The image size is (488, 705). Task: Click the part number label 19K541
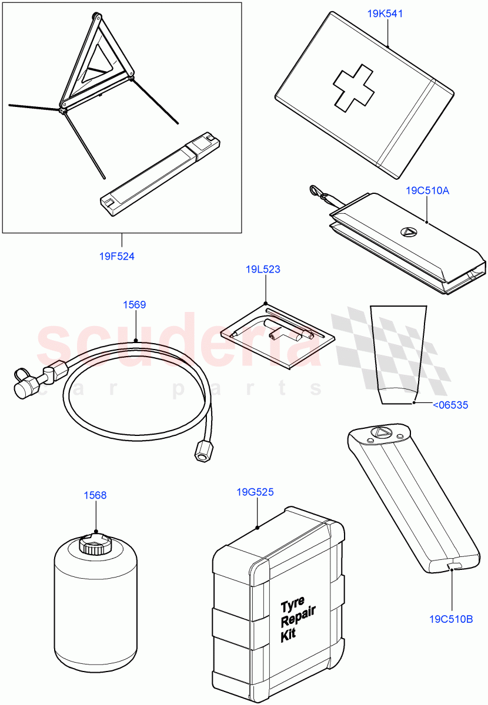385,14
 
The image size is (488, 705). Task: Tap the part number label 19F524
116,256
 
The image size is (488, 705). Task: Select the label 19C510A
427,190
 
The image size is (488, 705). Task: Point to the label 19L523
263,270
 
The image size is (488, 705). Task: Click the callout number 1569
134,304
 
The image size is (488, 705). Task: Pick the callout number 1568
95,495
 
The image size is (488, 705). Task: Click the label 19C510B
451,619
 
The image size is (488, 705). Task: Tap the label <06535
450,404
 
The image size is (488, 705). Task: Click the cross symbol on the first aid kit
351,90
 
